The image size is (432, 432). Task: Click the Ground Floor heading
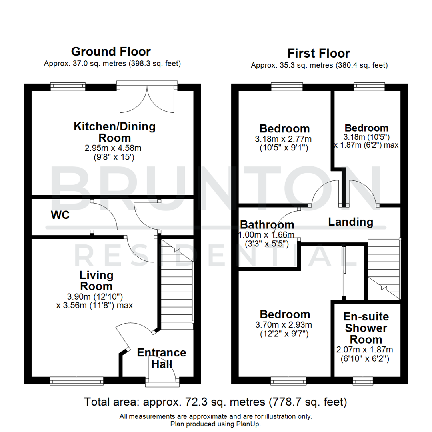point(111,52)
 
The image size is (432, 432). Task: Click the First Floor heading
point(318,53)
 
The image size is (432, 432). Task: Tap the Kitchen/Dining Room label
point(114,132)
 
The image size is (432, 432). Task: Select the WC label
point(60,215)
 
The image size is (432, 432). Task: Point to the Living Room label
point(96,281)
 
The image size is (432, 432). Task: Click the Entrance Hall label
point(162,358)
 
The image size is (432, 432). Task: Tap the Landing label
point(350,222)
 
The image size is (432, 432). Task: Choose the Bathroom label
point(267,225)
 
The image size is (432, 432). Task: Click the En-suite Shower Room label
point(366,328)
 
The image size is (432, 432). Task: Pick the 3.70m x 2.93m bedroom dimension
point(284,325)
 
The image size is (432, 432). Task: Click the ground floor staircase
point(177,284)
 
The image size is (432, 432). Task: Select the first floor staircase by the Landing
point(384,268)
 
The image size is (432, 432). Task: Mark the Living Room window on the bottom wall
point(77,380)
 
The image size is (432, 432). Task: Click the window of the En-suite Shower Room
point(362,380)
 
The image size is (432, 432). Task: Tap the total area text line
point(216,402)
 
